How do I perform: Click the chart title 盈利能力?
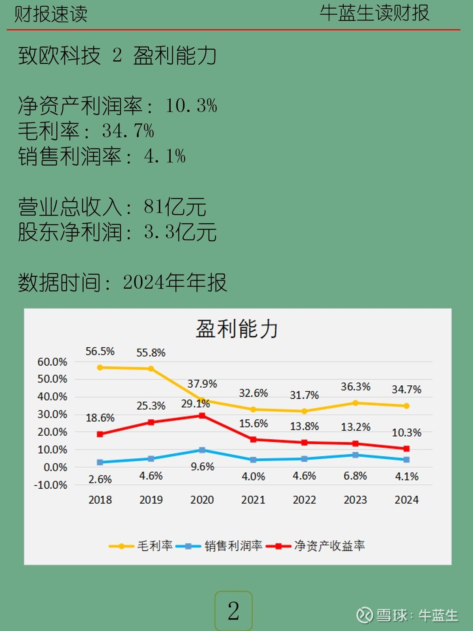coord(236,329)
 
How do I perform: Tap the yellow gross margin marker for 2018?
coord(100,368)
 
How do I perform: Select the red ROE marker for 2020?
coord(202,416)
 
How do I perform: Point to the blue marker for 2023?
coord(356,455)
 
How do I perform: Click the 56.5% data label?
coord(100,351)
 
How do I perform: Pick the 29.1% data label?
coord(196,403)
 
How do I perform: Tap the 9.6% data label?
coord(202,467)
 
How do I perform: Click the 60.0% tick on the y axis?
coord(52,362)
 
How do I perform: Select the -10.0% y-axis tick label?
coord(51,485)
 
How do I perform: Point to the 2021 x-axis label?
coord(253,500)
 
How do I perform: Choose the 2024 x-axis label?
coord(406,500)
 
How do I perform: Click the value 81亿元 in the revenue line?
coord(175,207)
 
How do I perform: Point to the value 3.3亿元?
coord(180,232)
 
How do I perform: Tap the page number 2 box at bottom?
coord(233,611)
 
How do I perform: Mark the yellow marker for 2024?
coord(406,406)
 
